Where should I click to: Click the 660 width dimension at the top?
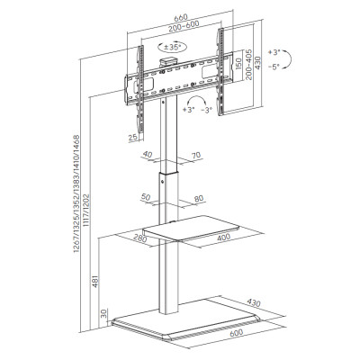coord(180,17)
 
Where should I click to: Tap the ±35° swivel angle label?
coord(172,47)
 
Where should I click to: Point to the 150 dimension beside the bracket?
coord(238,64)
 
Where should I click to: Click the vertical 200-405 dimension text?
coord(248,64)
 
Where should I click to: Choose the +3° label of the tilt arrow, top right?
coord(274,52)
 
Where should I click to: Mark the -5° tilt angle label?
coord(274,67)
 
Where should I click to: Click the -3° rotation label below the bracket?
coord(207,110)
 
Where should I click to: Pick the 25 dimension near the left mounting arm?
coord(133,138)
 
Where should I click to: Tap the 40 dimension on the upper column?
coord(148,155)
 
